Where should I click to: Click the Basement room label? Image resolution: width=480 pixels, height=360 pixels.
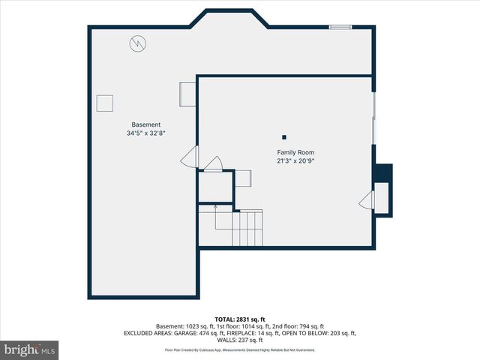click(146, 124)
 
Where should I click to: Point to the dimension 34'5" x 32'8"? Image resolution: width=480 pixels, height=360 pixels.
click(146, 133)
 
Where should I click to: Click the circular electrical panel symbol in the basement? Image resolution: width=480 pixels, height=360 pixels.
click(136, 43)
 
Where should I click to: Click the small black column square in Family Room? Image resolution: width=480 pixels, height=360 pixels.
click(284, 136)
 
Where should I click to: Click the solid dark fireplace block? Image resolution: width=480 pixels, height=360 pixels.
click(382, 172)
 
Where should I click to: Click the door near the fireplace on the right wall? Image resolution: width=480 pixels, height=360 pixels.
click(367, 200)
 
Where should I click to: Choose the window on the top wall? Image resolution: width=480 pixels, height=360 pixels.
click(340, 28)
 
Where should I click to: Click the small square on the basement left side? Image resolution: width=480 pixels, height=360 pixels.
click(104, 103)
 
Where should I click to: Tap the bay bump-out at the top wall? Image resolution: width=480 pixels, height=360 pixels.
click(229, 18)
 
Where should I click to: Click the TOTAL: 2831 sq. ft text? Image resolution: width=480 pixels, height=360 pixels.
click(240, 319)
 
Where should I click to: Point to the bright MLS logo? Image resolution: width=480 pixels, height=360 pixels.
click(30, 349)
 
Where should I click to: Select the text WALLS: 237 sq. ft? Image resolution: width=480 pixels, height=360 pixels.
click(240, 340)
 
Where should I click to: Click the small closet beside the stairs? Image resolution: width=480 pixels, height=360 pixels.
click(215, 187)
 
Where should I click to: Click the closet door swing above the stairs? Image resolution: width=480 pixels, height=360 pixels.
click(214, 164)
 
